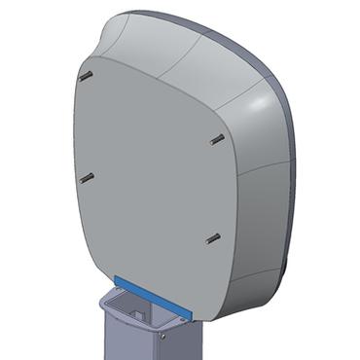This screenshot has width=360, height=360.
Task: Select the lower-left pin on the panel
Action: [88, 178]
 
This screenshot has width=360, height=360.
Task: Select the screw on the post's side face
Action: [163, 336]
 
